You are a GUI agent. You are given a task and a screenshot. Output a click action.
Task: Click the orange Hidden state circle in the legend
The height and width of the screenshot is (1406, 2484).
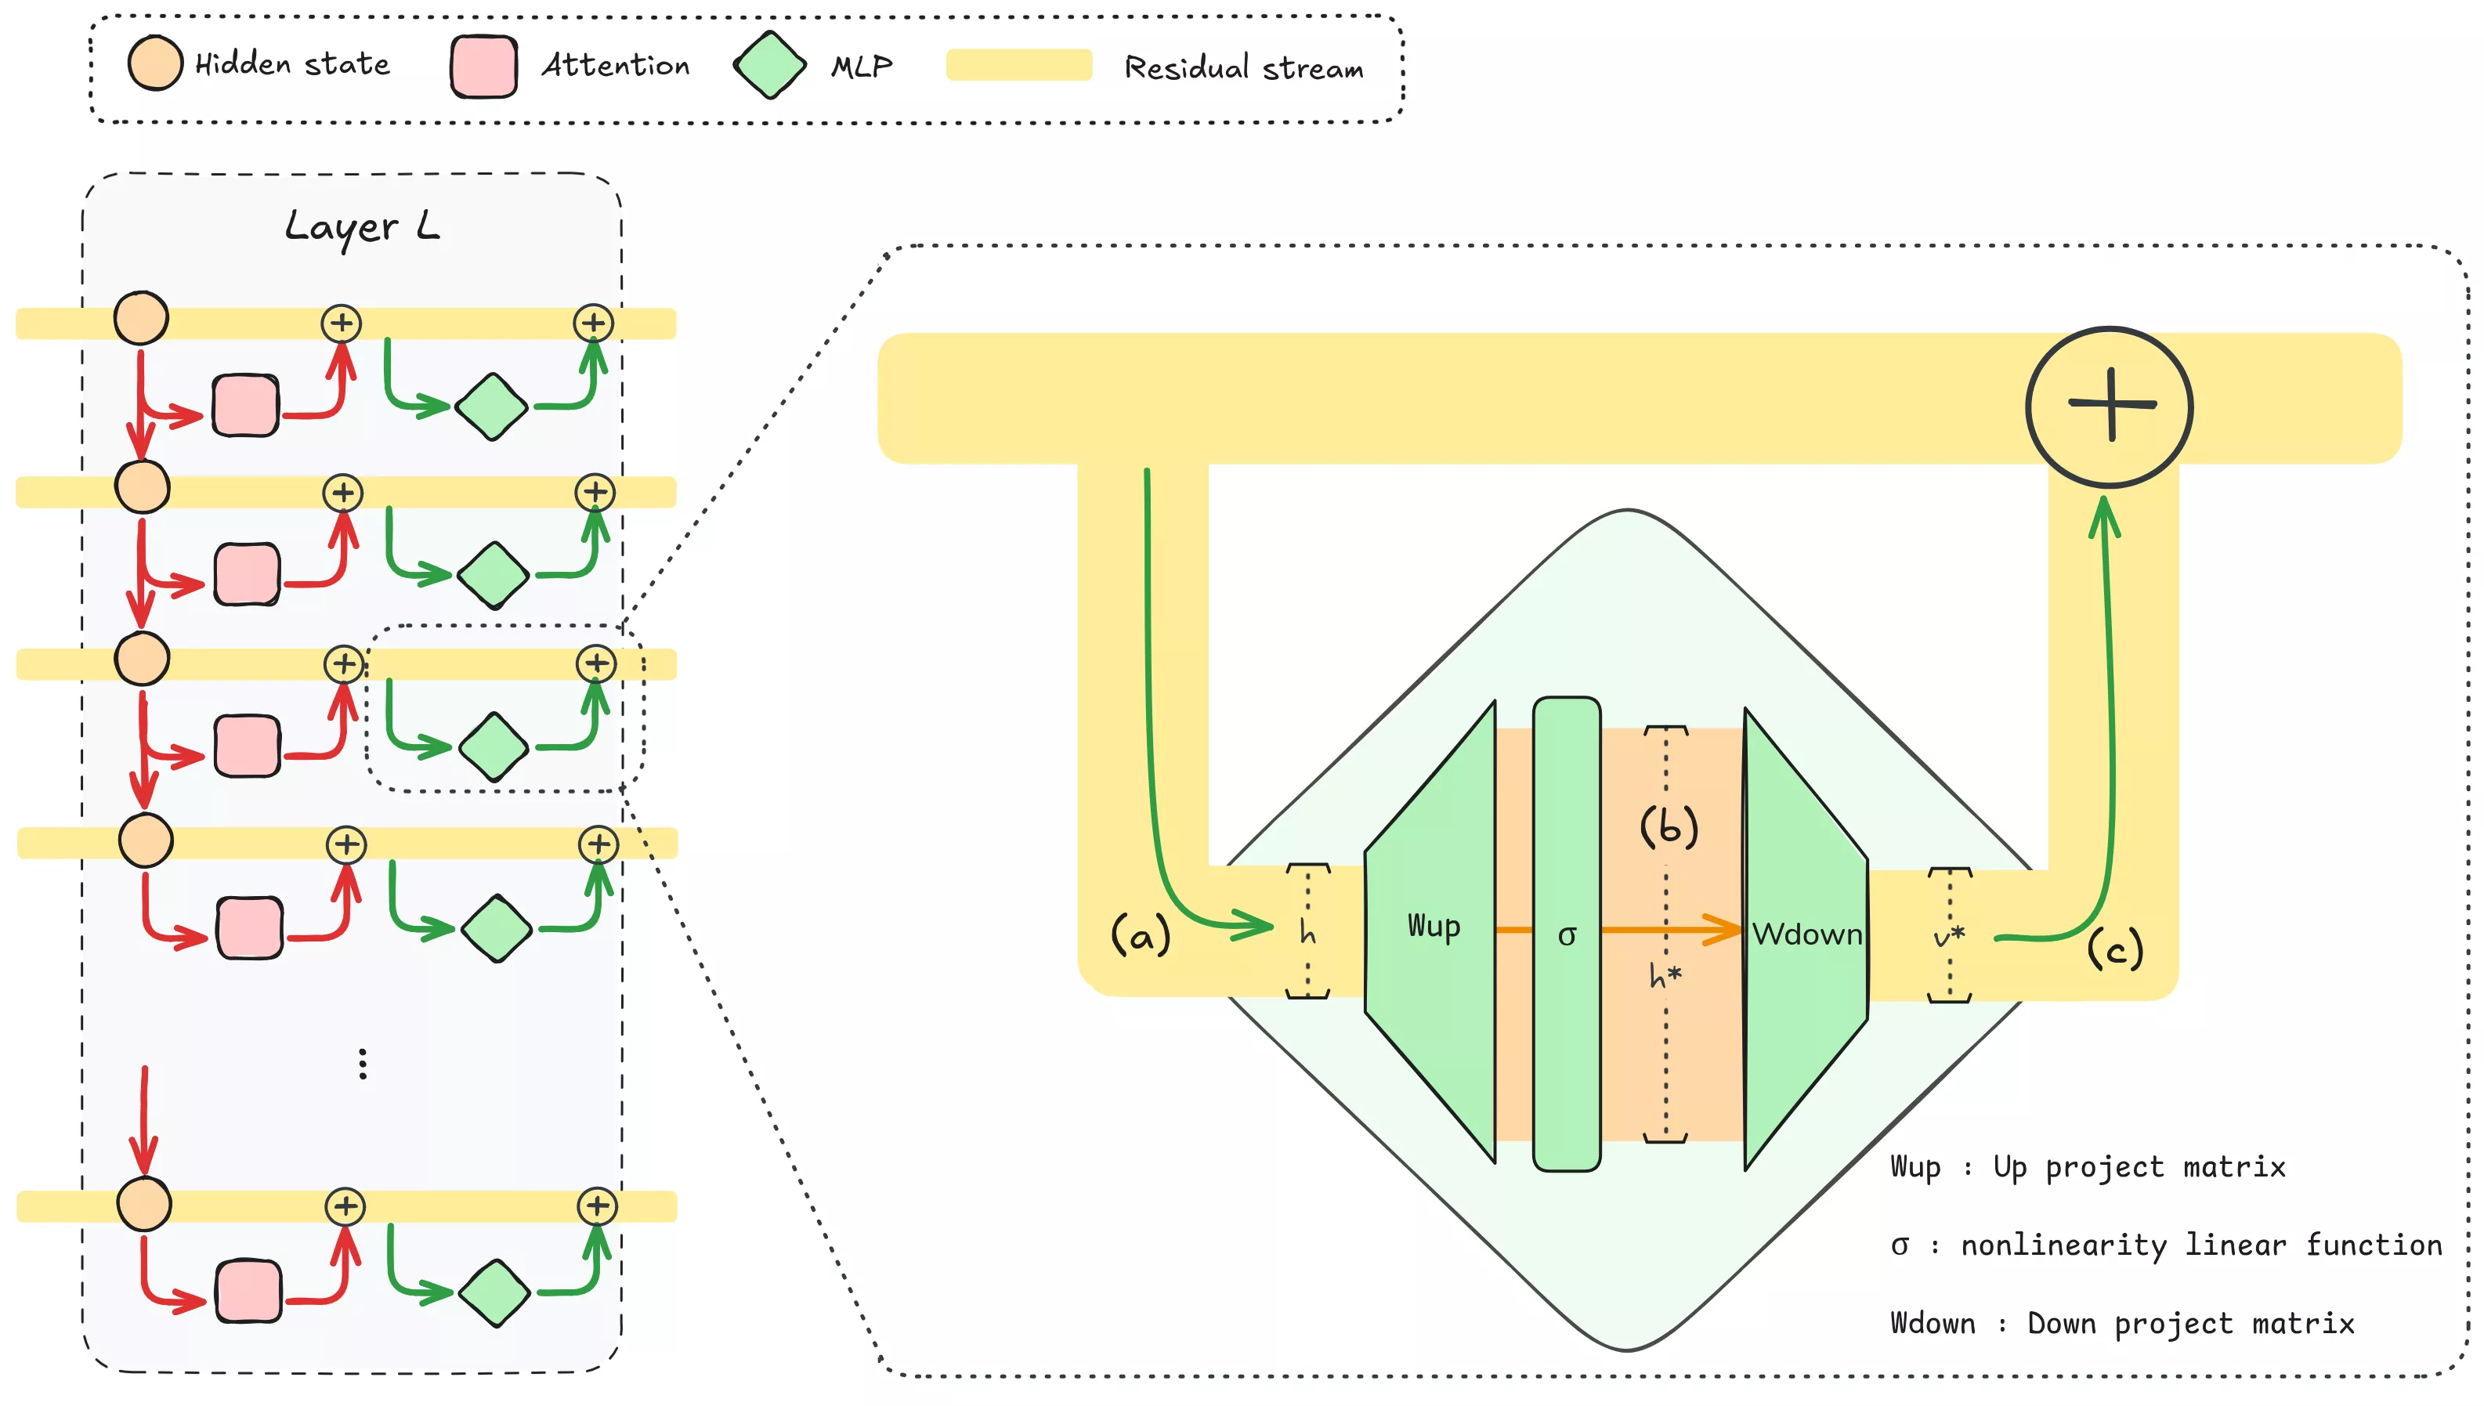(154, 63)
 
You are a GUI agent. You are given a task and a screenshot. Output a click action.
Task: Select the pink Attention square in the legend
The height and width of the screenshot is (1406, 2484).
(483, 66)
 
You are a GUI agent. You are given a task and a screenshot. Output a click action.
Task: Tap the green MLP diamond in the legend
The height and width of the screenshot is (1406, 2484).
(769, 66)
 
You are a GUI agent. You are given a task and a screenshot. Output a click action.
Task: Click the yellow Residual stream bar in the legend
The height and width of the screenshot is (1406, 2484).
(1018, 65)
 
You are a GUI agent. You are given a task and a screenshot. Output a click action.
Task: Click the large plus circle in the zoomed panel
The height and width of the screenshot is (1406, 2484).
(2109, 407)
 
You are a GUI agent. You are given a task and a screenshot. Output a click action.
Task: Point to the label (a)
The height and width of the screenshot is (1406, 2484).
(1140, 934)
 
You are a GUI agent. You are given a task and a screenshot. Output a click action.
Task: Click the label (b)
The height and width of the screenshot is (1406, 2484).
(1669, 826)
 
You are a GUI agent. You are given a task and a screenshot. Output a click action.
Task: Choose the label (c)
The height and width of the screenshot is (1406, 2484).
(2114, 949)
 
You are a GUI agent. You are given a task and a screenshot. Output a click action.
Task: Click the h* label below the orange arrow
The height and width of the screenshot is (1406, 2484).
(1665, 975)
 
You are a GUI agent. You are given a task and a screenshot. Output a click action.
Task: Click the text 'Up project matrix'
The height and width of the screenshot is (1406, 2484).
(2139, 1167)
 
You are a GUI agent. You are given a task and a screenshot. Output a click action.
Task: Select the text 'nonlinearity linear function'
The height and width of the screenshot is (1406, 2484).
(2201, 1245)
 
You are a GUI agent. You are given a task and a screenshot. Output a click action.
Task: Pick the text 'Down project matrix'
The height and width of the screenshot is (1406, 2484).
(2189, 1324)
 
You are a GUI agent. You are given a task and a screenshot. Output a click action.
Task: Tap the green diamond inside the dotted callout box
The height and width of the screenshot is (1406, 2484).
(494, 746)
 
